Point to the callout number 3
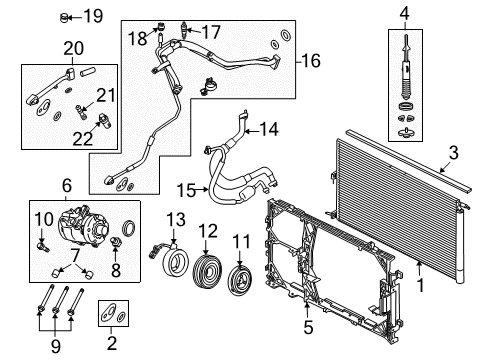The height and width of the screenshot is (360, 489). [454, 152]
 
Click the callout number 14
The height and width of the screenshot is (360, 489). [267, 128]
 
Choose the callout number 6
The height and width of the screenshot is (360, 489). [67, 185]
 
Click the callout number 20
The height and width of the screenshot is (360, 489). [72, 47]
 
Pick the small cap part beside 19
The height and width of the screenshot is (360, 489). [65, 16]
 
